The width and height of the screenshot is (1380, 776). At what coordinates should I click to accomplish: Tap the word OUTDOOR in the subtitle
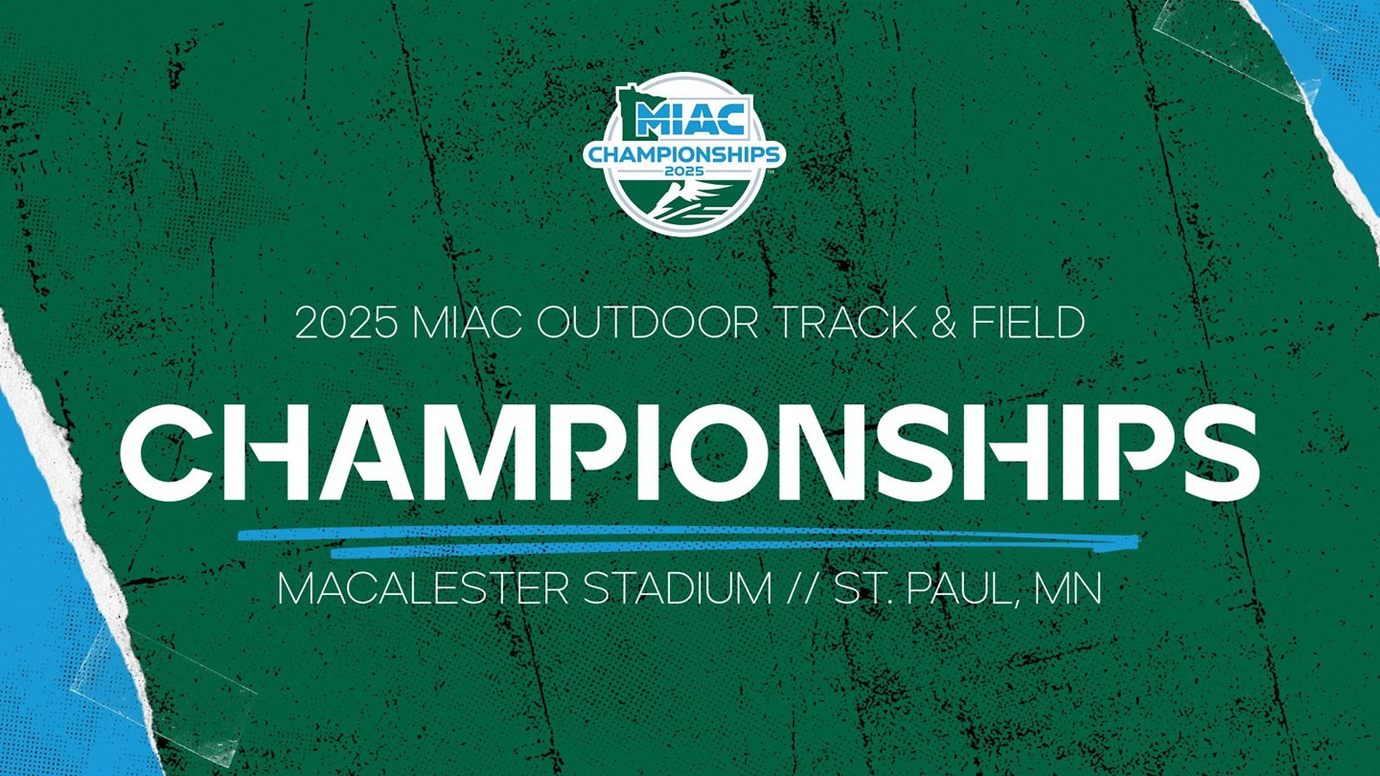(648, 323)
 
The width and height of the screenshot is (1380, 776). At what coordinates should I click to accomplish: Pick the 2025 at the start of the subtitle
(346, 323)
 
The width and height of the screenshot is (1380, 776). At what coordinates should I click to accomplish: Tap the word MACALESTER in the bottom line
(424, 589)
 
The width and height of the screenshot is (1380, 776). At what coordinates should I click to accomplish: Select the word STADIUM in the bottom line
(678, 589)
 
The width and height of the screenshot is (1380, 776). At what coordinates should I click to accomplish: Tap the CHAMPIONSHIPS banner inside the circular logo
(684, 155)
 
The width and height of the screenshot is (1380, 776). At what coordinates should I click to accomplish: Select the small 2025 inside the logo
(684, 170)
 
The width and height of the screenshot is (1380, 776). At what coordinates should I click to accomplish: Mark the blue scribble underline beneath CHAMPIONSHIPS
(689, 540)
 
